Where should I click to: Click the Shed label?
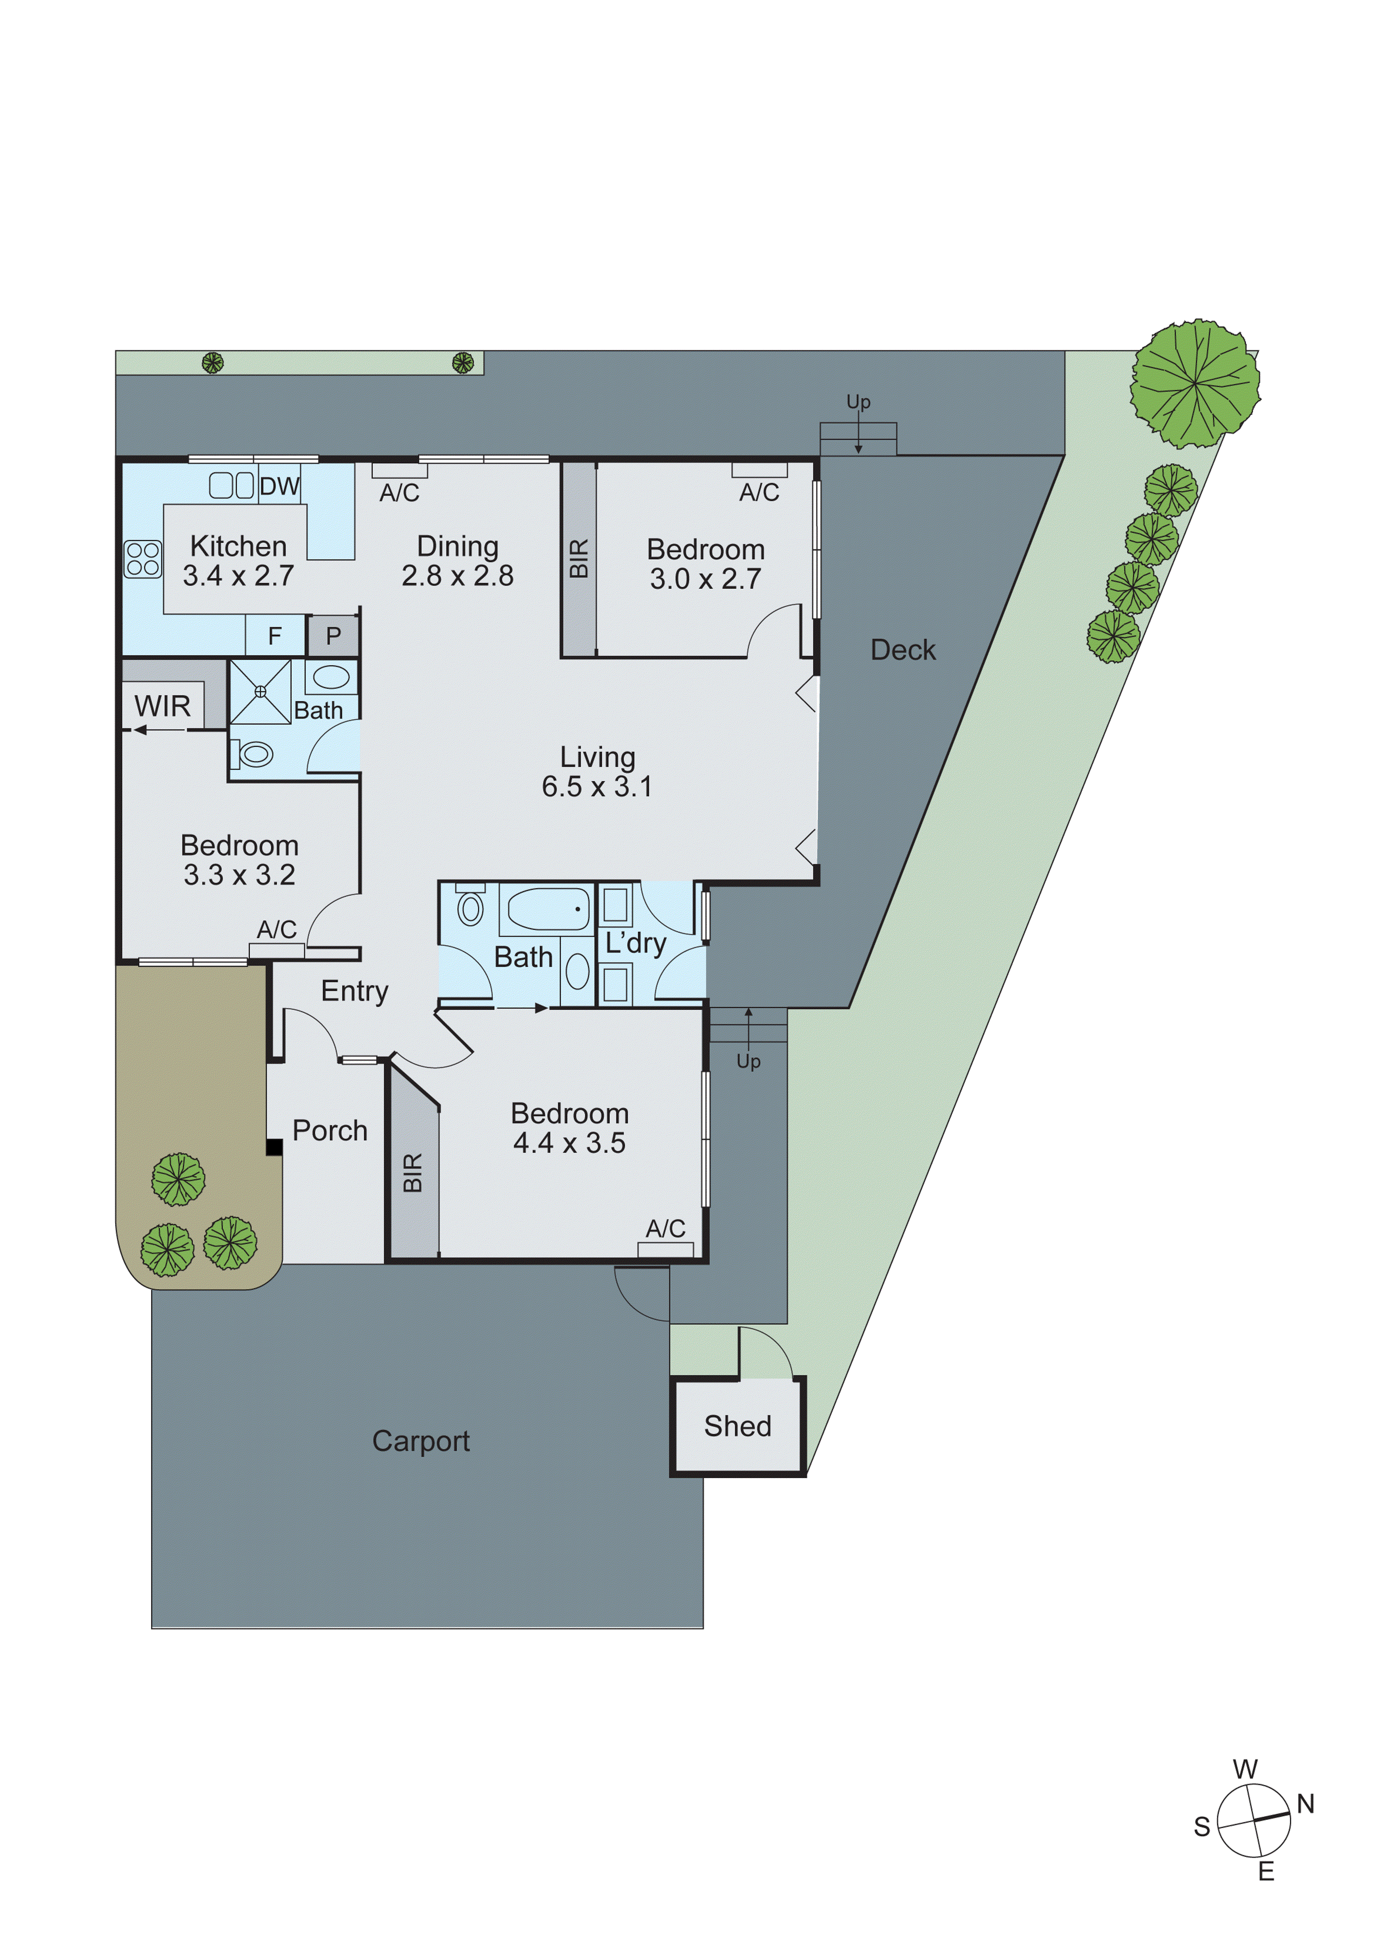(x=737, y=1426)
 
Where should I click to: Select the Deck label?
(x=903, y=650)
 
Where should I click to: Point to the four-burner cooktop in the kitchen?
(x=143, y=559)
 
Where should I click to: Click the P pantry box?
(x=333, y=635)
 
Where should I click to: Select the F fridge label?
(x=274, y=635)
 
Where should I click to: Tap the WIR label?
(x=162, y=706)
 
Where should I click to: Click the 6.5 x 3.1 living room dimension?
(x=597, y=786)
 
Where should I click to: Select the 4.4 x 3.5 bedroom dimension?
(x=569, y=1143)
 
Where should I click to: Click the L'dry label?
(x=635, y=943)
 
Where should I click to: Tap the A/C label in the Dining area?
(x=399, y=493)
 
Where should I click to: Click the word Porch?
(x=330, y=1131)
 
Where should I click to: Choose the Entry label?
(x=355, y=991)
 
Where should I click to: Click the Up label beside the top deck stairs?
(x=858, y=401)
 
